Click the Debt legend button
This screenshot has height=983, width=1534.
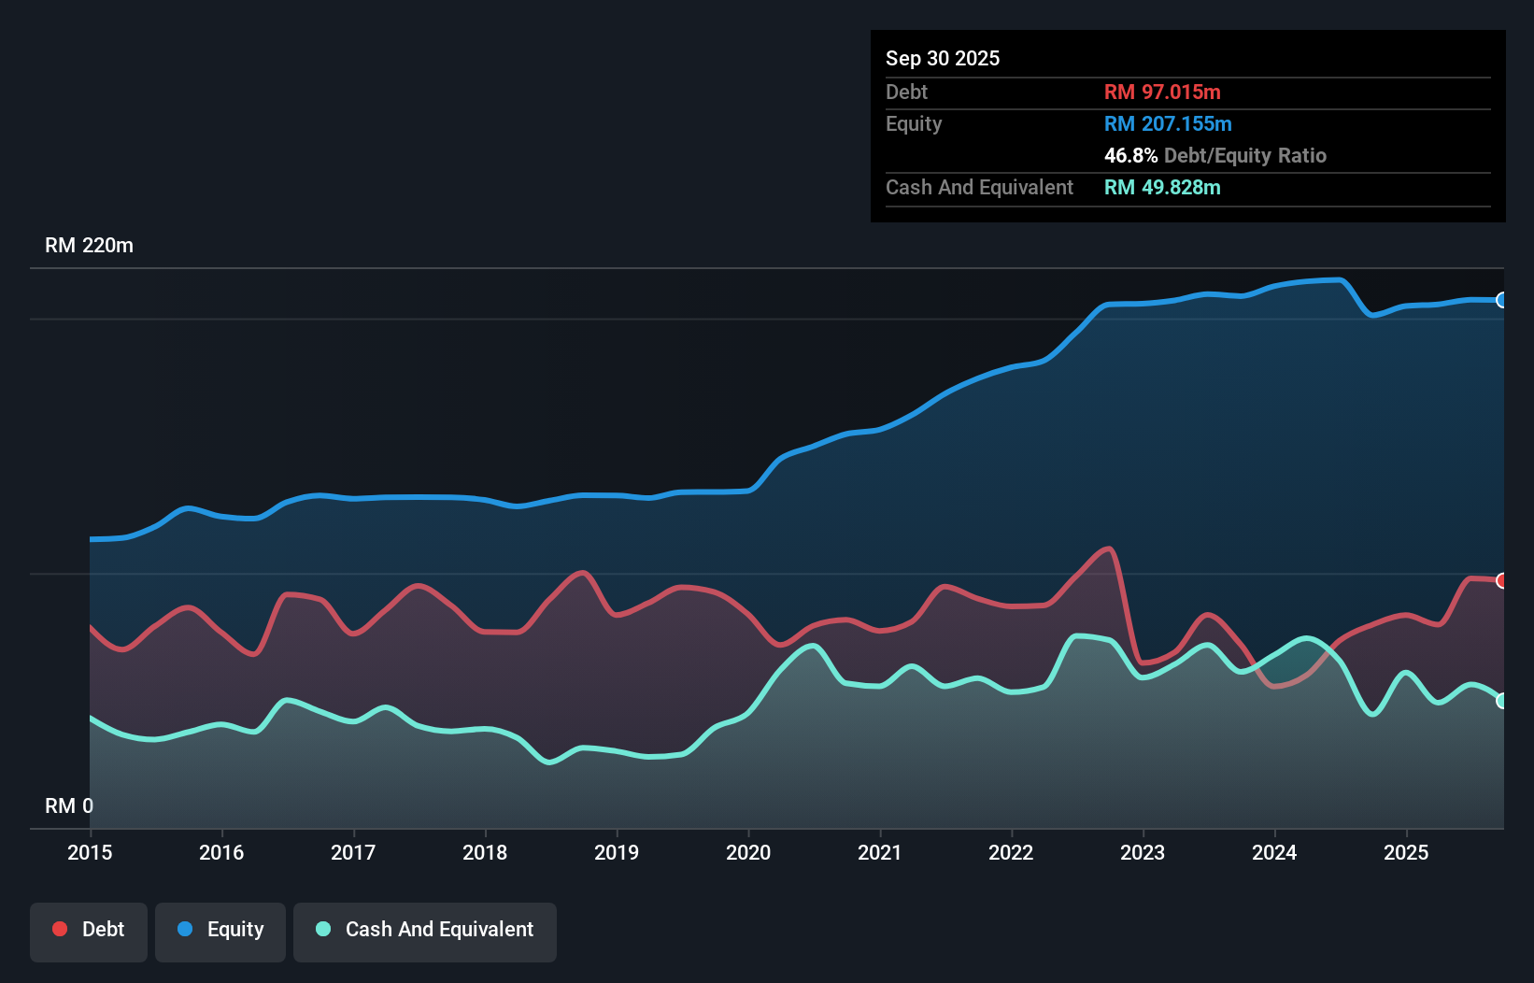(89, 931)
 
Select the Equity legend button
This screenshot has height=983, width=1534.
(220, 931)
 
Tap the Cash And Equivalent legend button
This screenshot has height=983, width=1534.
(425, 931)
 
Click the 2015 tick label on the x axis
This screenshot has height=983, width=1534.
(90, 852)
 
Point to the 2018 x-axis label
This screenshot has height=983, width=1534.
(485, 852)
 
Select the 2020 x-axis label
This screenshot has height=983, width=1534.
(748, 852)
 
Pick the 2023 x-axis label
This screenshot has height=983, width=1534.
(1143, 852)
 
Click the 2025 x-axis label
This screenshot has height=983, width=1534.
(1406, 852)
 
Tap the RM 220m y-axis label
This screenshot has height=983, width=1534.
(89, 245)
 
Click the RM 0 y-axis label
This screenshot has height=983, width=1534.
(69, 805)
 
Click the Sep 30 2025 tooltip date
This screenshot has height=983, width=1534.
(942, 58)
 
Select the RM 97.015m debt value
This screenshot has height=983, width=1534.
(1161, 92)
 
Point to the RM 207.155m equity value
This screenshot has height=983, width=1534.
(1167, 123)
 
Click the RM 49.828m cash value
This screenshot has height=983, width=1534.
(1161, 187)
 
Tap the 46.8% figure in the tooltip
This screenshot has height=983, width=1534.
(1130, 155)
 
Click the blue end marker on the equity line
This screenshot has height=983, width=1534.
(1502, 300)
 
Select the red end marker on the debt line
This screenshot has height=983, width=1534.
(1502, 580)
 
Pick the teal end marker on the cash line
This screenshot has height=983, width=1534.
(1502, 701)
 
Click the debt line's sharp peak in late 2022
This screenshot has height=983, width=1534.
(1109, 548)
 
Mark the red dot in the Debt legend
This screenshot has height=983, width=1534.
(60, 929)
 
